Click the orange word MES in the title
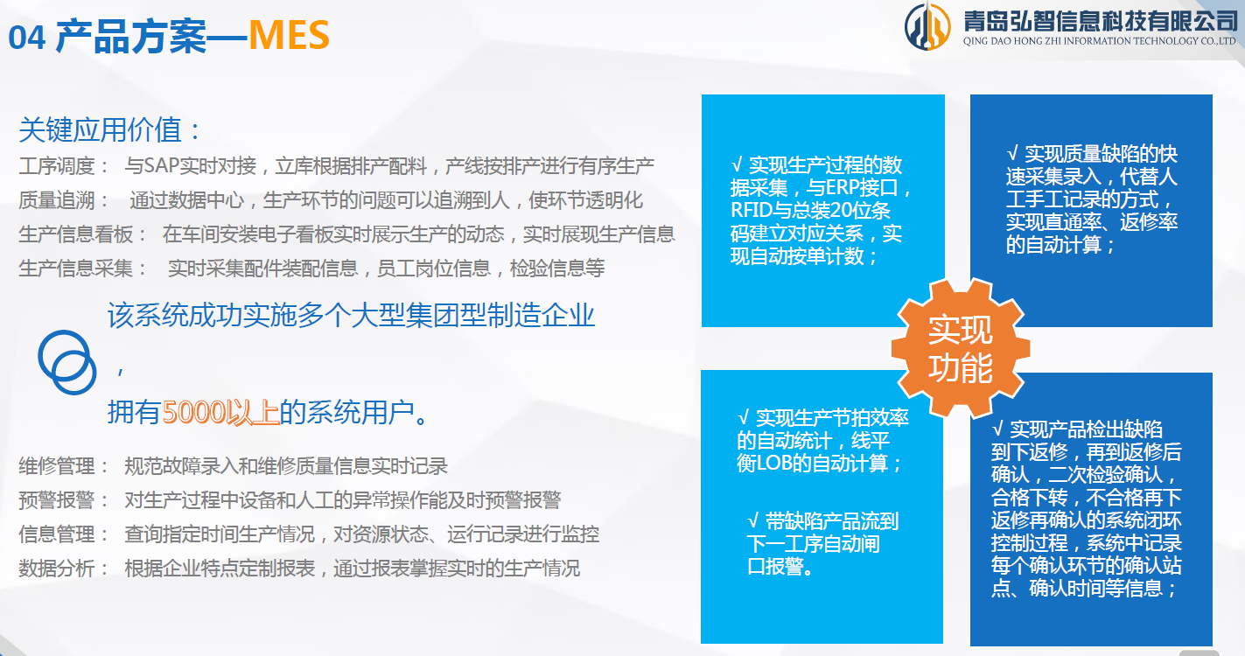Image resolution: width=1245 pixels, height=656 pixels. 289,37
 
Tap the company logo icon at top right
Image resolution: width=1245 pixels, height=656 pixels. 927,26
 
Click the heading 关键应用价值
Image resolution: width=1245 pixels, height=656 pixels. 110,131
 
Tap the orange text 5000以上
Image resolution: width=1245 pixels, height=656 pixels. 220,411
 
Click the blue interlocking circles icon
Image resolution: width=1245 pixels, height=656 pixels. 66,361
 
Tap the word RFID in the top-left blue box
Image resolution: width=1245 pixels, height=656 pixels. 752,211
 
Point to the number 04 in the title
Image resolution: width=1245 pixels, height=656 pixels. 26,38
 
